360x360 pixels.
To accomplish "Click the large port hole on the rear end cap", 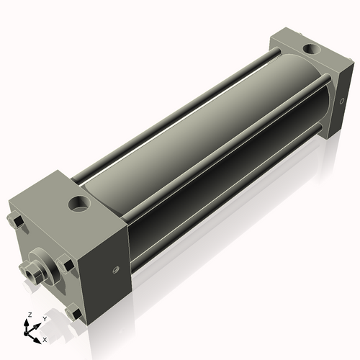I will pos(310,50).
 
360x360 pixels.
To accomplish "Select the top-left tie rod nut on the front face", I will pos(17,220).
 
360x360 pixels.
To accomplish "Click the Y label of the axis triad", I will pos(44,318).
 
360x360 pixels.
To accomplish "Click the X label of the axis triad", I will pos(45,338).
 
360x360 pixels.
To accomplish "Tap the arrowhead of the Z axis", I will pos(28,322).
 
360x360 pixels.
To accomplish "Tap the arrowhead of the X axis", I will pos(38,336).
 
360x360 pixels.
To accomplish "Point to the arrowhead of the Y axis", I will pos(37,324).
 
